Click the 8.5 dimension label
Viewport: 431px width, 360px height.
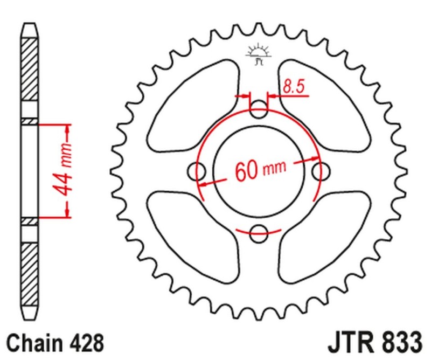tap(293, 86)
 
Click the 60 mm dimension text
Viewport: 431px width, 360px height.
tap(260, 171)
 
